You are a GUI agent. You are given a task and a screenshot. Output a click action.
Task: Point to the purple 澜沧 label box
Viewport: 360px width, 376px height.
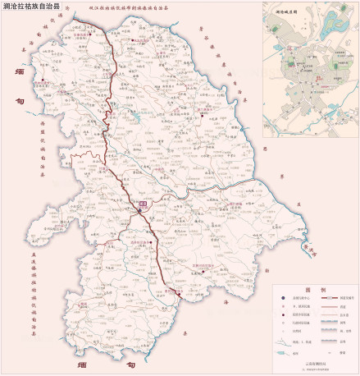[x=142, y=202]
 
